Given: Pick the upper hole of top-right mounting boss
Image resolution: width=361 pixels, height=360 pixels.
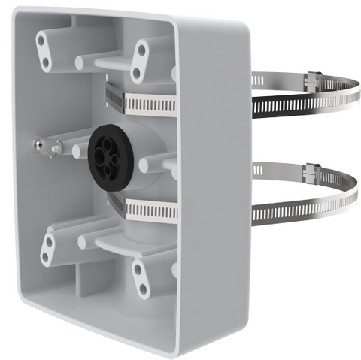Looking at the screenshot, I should pos(141,52).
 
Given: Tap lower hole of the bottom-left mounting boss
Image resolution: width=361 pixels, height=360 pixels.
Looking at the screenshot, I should pos(46,258).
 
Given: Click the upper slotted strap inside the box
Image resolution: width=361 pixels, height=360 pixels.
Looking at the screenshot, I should pos(147,102).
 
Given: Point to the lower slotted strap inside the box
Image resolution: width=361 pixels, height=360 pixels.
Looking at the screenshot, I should pos(147,208).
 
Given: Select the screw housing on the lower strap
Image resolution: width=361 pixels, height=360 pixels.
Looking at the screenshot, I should pos(310,173).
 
